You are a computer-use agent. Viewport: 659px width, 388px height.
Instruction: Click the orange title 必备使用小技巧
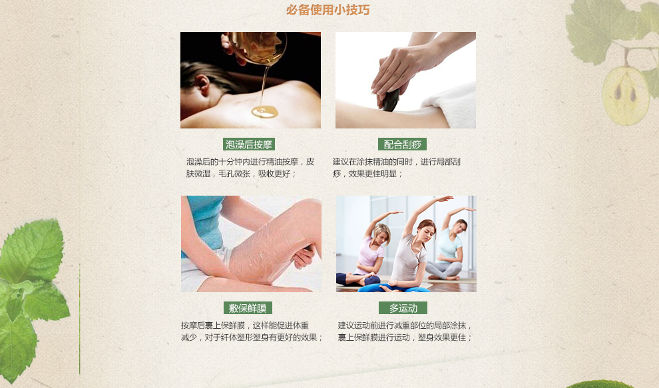pyautogui.click(x=328, y=10)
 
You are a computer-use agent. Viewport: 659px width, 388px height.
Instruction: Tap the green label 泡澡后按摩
pyautogui.click(x=249, y=144)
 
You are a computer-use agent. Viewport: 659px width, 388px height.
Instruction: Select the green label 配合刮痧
pyautogui.click(x=402, y=144)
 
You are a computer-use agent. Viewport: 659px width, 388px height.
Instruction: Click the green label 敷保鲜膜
pyautogui.click(x=248, y=307)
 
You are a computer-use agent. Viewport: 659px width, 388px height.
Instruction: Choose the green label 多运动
pyautogui.click(x=403, y=307)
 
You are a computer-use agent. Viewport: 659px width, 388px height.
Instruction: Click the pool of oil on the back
pyautogui.click(x=265, y=112)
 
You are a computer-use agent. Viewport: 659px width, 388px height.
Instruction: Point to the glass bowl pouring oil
pyautogui.click(x=256, y=47)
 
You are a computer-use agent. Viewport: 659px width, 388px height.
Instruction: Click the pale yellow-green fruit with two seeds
pyautogui.click(x=625, y=96)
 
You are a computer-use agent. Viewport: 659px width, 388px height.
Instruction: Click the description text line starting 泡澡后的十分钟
pyautogui.click(x=250, y=162)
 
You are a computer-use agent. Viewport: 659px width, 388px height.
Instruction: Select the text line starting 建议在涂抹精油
pyautogui.click(x=396, y=162)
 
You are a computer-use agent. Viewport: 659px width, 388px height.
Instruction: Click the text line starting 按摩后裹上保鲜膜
pyautogui.click(x=244, y=325)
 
